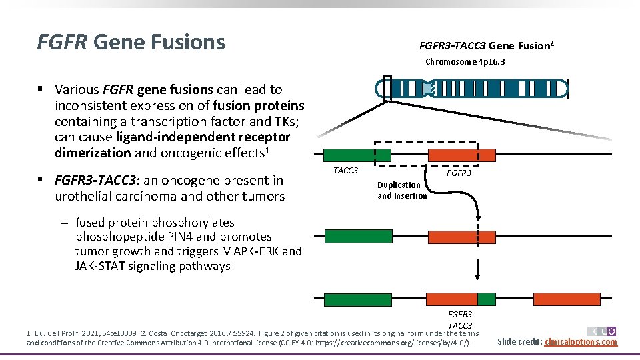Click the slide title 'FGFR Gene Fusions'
(x=131, y=43)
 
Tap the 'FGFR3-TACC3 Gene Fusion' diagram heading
(x=486, y=46)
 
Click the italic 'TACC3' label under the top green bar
(x=345, y=171)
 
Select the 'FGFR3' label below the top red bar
(x=459, y=173)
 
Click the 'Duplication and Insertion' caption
(x=401, y=190)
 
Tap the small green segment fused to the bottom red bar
(x=487, y=299)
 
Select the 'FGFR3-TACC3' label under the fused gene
(x=461, y=319)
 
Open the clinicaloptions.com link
(x=581, y=342)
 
